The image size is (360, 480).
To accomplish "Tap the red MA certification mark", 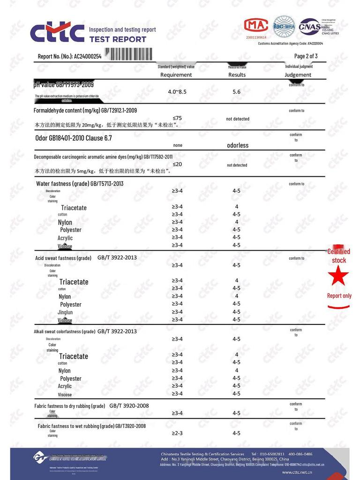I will pos(256,26).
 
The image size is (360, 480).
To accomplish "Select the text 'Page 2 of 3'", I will pos(306,56).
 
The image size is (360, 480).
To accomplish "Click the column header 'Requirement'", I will pos(176,75).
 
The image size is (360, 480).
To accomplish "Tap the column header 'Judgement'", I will pos(298,75).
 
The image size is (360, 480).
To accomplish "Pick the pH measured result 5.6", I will pos(236,92).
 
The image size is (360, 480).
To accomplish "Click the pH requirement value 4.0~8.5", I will pos(177,92).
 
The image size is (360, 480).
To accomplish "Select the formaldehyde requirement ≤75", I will pos(177,118).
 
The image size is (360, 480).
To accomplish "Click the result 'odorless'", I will pos(238,145).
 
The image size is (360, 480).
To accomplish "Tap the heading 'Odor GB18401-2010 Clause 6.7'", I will pos(74,138).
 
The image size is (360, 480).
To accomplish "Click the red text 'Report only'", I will pos(339,296).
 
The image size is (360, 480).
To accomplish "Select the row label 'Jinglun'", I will pos(65,312).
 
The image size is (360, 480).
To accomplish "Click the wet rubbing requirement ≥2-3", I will pos(177,433).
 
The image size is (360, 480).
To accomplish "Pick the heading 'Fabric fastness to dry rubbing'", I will pos(70,405).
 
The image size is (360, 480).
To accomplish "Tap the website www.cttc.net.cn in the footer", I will pos(300,472).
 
